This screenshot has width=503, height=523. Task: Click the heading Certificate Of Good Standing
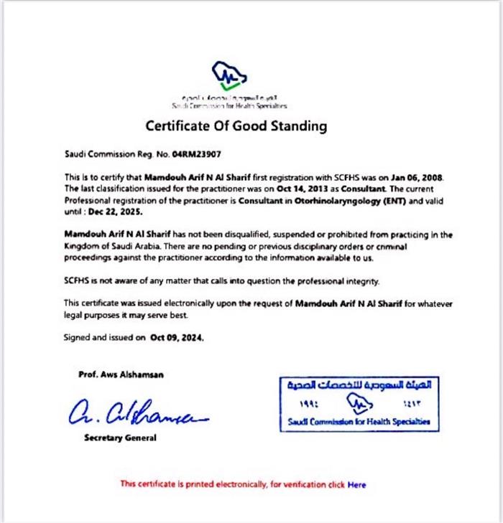coord(236,126)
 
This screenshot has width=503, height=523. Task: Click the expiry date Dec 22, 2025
coord(116,212)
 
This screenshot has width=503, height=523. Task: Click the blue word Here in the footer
coord(356,484)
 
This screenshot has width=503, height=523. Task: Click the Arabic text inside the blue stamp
coord(358,385)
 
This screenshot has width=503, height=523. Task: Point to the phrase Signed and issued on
coord(105,336)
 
